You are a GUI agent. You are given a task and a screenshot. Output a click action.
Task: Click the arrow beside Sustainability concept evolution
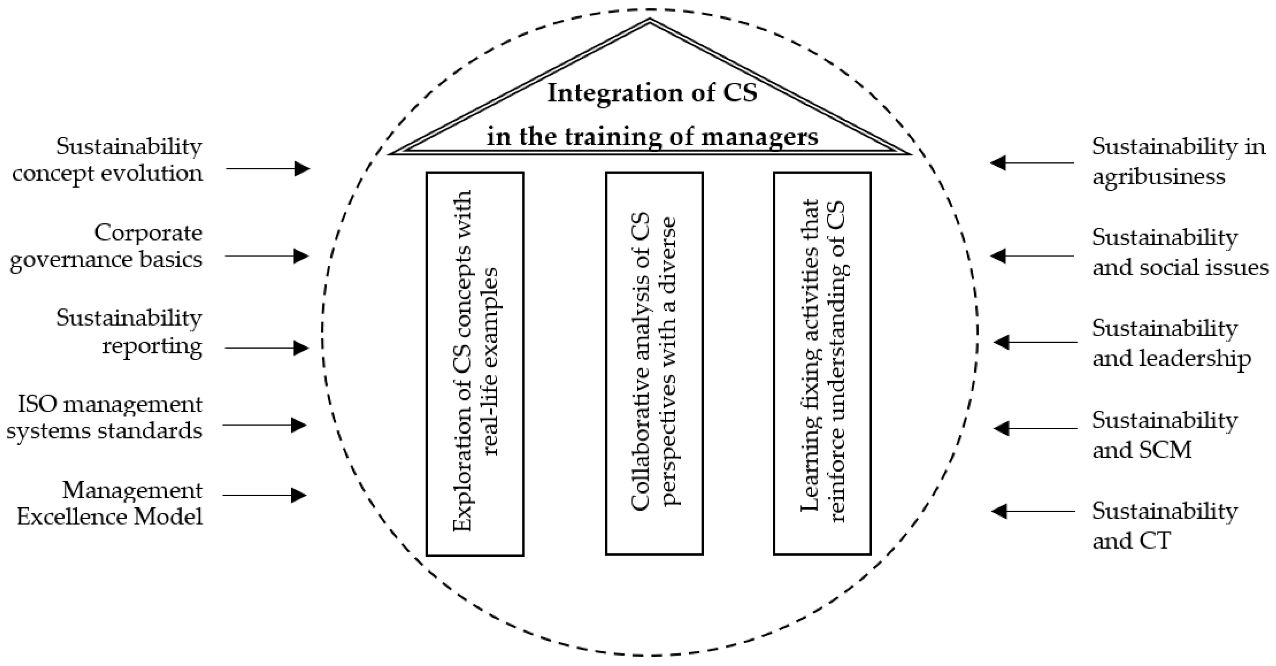pyautogui.click(x=268, y=168)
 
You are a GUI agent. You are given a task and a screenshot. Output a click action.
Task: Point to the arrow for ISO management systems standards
pyautogui.click(x=265, y=425)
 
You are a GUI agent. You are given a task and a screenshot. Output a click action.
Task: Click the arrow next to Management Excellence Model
pyautogui.click(x=265, y=495)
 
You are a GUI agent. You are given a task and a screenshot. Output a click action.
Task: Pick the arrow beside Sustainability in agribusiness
pyautogui.click(x=1032, y=162)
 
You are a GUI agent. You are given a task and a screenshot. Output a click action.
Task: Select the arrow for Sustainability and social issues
pyautogui.click(x=1032, y=256)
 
